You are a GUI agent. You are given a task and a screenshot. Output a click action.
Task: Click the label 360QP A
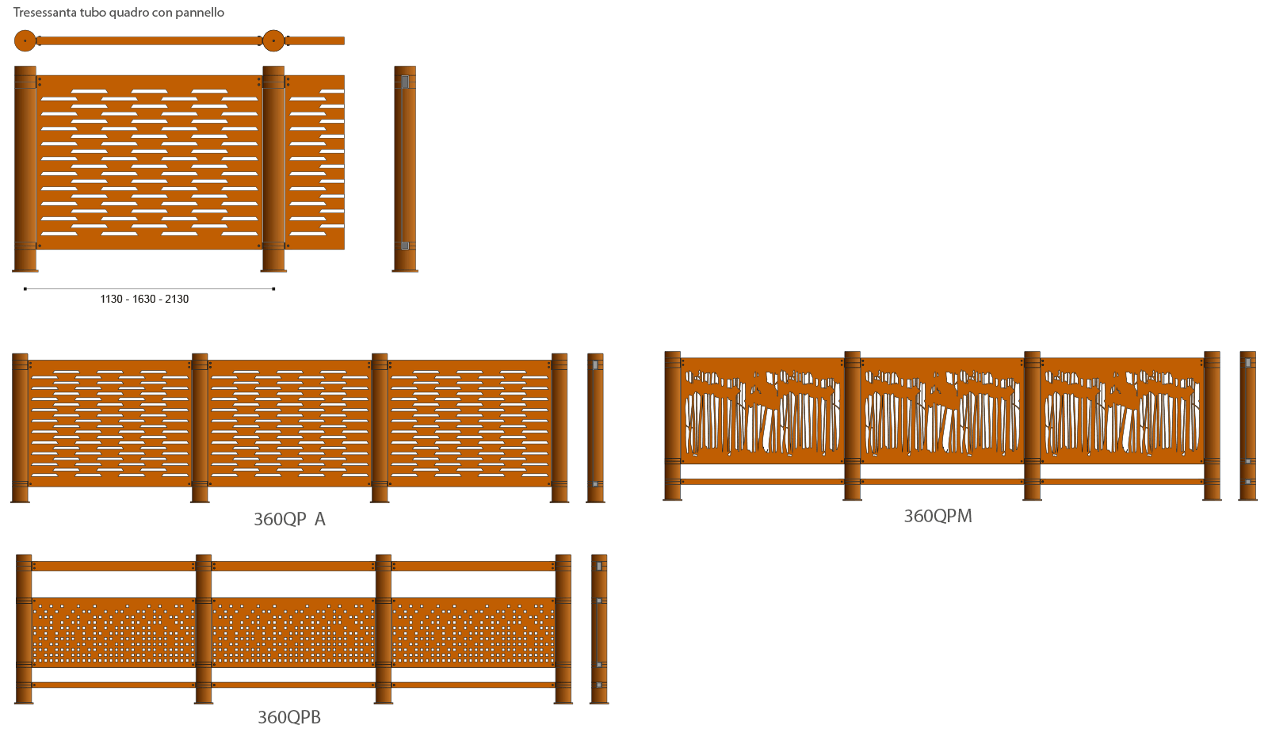pyautogui.click(x=289, y=519)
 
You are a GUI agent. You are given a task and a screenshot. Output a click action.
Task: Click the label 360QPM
pyautogui.click(x=938, y=516)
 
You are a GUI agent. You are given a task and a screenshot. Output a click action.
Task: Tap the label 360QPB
pyautogui.click(x=289, y=717)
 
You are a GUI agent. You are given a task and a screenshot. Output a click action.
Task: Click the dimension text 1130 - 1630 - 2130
pyautogui.click(x=144, y=299)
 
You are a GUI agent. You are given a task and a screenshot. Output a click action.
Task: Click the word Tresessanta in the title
pyautogui.click(x=44, y=13)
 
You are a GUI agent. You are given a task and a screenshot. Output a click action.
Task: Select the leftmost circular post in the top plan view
pyautogui.click(x=25, y=40)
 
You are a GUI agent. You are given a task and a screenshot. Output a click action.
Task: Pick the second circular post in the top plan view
pyautogui.click(x=273, y=40)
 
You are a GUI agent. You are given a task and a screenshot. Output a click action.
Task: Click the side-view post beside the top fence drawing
pyautogui.click(x=405, y=168)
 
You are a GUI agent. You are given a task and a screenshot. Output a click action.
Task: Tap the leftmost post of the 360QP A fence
pyautogui.click(x=20, y=428)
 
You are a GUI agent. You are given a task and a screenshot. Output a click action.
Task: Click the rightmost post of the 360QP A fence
pyautogui.click(x=560, y=428)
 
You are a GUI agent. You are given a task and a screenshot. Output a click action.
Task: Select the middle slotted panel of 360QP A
pyautogui.click(x=290, y=423)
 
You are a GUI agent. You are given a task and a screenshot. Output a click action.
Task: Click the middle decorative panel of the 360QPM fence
pyautogui.click(x=942, y=410)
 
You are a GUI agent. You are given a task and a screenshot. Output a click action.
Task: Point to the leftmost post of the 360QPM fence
pyautogui.click(x=673, y=426)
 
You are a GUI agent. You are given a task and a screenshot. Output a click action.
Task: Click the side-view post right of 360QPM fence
pyautogui.click(x=1247, y=426)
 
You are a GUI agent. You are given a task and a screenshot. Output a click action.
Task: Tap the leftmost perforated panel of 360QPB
pyautogui.click(x=113, y=632)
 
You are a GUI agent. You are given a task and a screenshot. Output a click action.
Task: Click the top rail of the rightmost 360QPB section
pyautogui.click(x=473, y=566)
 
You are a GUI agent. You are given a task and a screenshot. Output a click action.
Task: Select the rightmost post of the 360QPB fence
pyautogui.click(x=563, y=628)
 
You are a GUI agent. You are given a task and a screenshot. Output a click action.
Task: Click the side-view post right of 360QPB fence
pyautogui.click(x=599, y=628)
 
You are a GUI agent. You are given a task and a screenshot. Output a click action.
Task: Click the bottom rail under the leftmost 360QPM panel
pyautogui.click(x=762, y=481)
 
